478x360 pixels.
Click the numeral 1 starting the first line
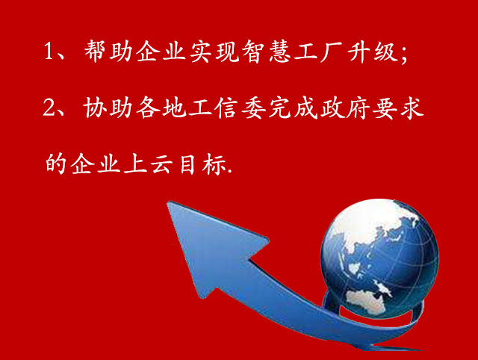click(x=51, y=54)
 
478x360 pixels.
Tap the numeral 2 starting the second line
click(x=51, y=109)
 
